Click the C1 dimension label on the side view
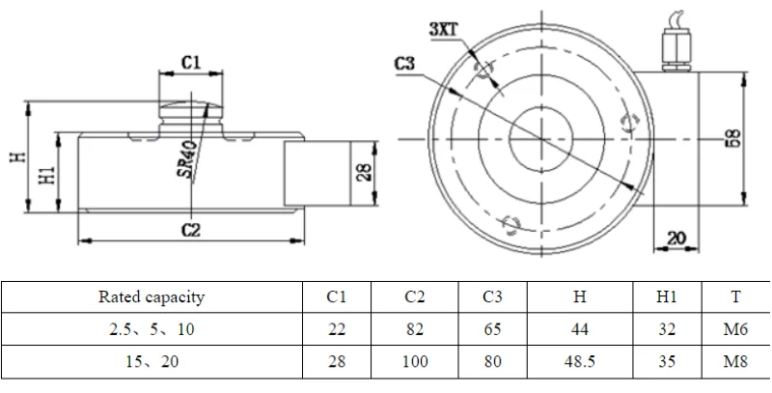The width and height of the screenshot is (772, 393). [x=191, y=61]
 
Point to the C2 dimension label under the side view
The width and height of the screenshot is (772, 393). [x=190, y=229]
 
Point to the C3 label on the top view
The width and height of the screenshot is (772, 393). [x=405, y=65]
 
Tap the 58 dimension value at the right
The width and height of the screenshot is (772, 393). [x=732, y=138]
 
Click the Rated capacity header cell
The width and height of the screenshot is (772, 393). [x=152, y=297]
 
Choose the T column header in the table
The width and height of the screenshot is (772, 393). [x=736, y=297]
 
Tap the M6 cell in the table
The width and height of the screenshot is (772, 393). [x=736, y=329]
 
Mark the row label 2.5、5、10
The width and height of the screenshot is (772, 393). [x=152, y=329]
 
